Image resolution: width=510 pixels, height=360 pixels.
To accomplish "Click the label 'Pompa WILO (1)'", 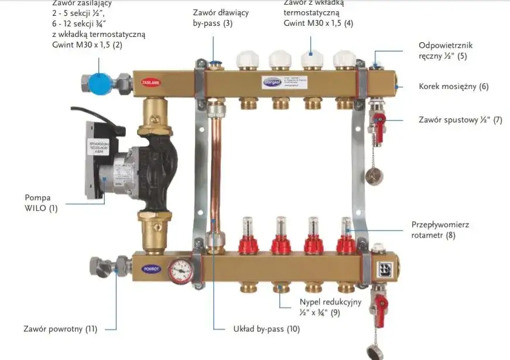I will pos(41,203).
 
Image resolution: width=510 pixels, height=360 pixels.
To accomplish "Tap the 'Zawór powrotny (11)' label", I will pos(60,329).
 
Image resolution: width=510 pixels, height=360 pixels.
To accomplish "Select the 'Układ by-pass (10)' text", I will pos(263,329).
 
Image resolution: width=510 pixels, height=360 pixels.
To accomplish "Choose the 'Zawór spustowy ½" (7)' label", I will pos(460,120).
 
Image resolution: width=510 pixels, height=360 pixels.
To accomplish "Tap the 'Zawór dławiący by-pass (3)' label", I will pos(213,18).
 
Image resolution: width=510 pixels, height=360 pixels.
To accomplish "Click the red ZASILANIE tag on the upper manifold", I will pos(150,83).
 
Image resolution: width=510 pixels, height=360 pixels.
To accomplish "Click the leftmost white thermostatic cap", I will pos(246,60).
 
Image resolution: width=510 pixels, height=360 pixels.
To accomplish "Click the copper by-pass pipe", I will pos(214,170).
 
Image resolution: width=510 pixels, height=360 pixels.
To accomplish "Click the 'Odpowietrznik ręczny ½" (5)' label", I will pos(445,50).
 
